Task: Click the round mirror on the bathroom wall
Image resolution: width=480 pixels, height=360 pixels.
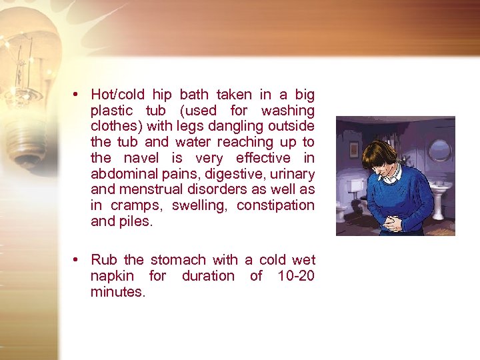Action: pyautogui.click(x=439, y=150)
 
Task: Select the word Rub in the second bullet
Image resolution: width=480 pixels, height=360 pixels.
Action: pyautogui.click(x=103, y=260)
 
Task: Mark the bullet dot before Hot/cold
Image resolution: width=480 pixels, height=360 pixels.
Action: pyautogui.click(x=77, y=95)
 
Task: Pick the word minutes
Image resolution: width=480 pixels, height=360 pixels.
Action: pyautogui.click(x=117, y=292)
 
